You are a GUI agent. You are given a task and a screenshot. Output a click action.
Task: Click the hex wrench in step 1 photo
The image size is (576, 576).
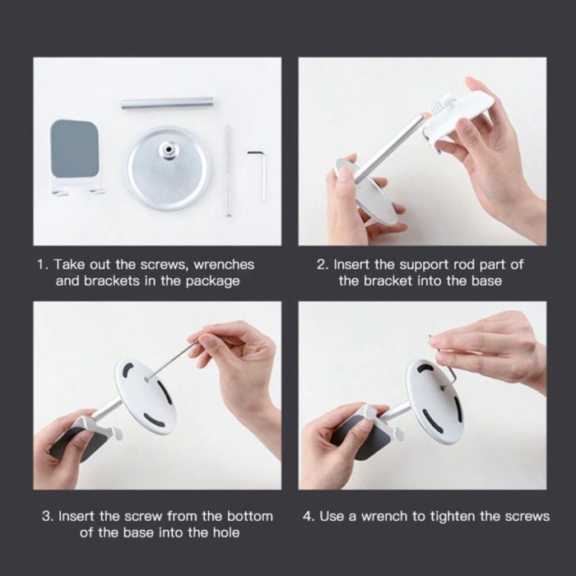(262, 173)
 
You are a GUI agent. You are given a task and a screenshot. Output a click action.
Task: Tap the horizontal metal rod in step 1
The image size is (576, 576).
(168, 103)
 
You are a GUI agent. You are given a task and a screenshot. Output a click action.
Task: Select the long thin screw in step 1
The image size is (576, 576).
(228, 170)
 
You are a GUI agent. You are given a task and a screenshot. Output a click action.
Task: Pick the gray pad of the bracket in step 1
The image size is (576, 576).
(75, 149)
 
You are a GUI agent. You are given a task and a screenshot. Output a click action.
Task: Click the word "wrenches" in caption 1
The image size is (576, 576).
(224, 264)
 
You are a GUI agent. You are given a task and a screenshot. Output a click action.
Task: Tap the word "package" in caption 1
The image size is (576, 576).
(212, 281)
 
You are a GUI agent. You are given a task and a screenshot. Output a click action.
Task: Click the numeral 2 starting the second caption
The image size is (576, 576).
(321, 264)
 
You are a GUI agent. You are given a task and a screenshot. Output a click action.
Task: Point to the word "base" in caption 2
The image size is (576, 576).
(486, 281)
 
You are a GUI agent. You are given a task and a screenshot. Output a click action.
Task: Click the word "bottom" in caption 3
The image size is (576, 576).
(250, 516)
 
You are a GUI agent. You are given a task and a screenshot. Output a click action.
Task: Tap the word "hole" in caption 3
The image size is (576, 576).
(226, 532)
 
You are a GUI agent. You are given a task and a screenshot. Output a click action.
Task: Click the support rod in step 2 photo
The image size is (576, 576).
(391, 147)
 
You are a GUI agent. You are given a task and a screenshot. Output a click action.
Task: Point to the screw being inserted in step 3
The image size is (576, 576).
(171, 360)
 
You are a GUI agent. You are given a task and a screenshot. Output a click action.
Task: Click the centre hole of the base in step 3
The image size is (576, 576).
(146, 379)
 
